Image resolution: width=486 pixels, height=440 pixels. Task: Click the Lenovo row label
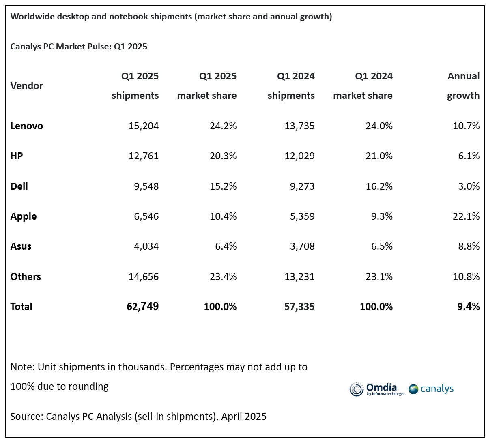click(26, 126)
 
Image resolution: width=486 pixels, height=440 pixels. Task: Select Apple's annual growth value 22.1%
click(466, 216)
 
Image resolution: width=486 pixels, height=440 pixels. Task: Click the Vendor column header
click(26, 86)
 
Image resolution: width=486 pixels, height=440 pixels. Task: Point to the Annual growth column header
click(463, 86)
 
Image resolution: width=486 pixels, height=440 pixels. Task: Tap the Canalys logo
click(431, 389)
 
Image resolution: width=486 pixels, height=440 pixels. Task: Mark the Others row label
click(26, 277)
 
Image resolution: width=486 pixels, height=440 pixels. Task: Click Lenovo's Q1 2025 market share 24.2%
click(222, 126)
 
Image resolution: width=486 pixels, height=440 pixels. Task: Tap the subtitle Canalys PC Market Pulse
click(61, 47)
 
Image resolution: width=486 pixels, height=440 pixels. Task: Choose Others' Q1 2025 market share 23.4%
click(222, 277)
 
